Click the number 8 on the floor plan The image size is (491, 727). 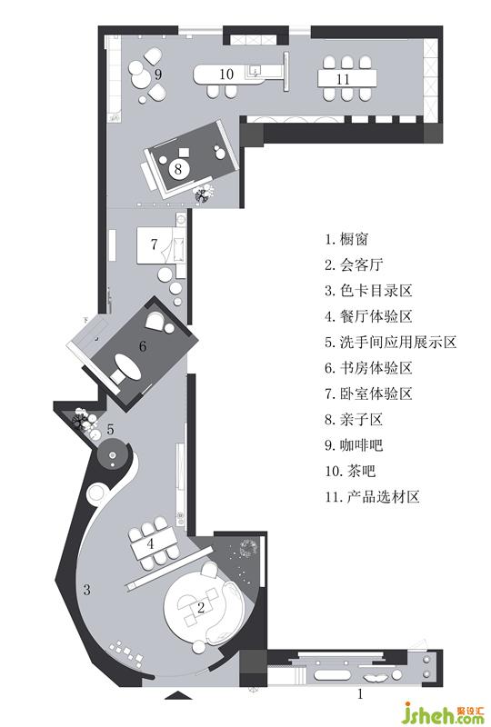[178, 169]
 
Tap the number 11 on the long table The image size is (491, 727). [343, 79]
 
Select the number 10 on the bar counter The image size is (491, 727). [226, 75]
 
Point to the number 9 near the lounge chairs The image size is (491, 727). [158, 75]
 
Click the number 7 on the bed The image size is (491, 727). [154, 244]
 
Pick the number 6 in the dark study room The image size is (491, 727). [143, 346]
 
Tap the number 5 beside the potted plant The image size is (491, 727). [110, 429]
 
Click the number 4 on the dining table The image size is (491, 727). [150, 543]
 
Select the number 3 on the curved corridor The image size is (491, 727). [86, 590]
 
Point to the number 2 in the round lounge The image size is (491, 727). [201, 607]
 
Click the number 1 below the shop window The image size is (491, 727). [360, 694]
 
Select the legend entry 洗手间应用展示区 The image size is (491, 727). [398, 343]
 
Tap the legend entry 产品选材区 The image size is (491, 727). [384, 496]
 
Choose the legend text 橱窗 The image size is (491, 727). [354, 239]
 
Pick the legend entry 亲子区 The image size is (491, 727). [362, 419]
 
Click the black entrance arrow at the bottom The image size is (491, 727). [178, 695]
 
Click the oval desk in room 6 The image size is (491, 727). [126, 366]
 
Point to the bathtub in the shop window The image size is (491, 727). [331, 674]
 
